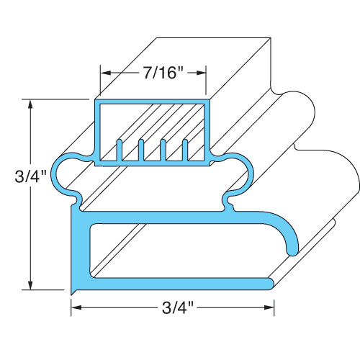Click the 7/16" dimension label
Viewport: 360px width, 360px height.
(153, 73)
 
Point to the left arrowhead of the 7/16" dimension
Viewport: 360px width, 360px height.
(104, 73)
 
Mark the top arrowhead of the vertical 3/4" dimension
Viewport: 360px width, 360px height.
(30, 103)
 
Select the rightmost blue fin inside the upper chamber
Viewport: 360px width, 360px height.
(186, 150)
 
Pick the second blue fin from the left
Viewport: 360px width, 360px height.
(142, 150)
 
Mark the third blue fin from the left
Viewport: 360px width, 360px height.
(164, 150)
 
